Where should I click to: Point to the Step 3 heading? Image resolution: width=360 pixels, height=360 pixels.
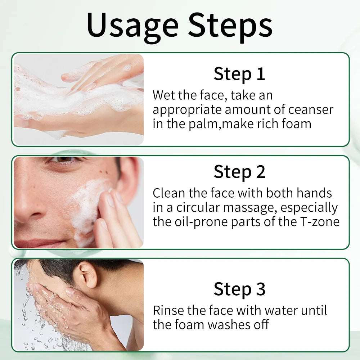[x=239, y=289]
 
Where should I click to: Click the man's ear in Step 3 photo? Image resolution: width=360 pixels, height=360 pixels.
[x=87, y=275]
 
